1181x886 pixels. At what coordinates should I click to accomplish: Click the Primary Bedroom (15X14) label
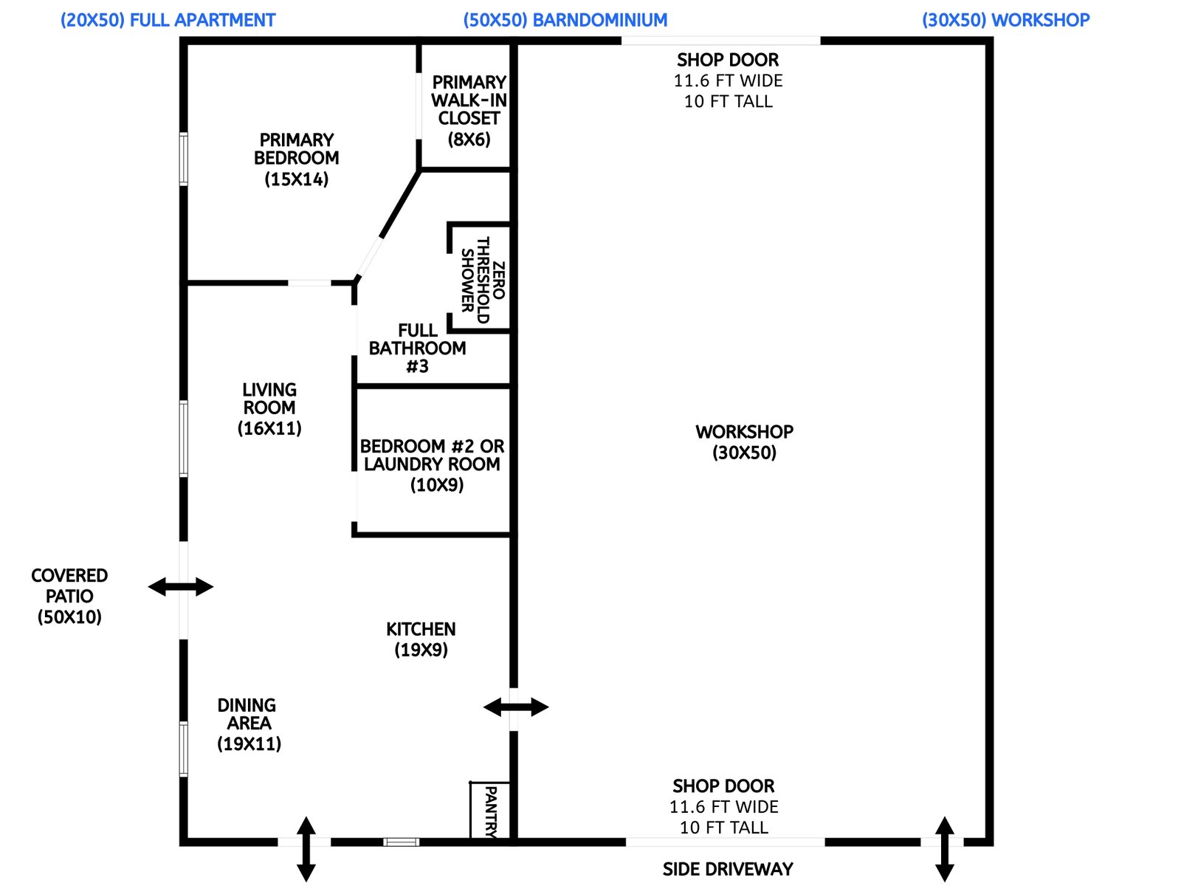click(x=296, y=159)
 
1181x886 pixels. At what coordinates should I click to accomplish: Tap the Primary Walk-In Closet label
click(x=469, y=110)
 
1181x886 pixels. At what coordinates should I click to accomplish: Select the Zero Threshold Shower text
click(x=483, y=280)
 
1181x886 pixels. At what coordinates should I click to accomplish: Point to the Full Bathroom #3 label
click(x=417, y=348)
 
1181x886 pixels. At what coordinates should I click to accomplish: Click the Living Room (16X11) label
click(x=269, y=408)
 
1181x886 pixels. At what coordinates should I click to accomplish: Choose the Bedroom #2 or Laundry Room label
click(x=433, y=465)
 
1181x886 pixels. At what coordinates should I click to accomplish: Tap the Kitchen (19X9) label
click(x=421, y=639)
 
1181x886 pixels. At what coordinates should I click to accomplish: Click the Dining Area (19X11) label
click(x=249, y=724)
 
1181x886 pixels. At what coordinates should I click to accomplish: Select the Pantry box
click(x=489, y=811)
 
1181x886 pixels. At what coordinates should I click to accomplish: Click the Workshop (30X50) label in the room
click(x=744, y=442)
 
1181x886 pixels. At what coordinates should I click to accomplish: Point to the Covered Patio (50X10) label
click(x=69, y=596)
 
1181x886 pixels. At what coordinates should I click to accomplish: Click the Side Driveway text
click(x=728, y=869)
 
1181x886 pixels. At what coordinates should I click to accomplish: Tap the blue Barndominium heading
click(x=565, y=20)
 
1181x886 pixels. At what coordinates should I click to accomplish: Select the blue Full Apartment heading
click(x=168, y=20)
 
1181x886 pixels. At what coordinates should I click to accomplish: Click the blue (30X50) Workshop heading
click(x=1005, y=20)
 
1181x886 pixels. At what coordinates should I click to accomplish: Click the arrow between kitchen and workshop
click(x=516, y=707)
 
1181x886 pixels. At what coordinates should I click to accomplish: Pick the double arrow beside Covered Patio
click(x=181, y=587)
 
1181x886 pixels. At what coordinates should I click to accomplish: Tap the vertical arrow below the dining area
click(x=306, y=849)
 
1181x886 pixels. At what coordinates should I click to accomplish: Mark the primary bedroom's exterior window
click(x=184, y=158)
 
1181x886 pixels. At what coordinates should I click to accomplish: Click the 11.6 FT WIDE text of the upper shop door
click(x=728, y=80)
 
